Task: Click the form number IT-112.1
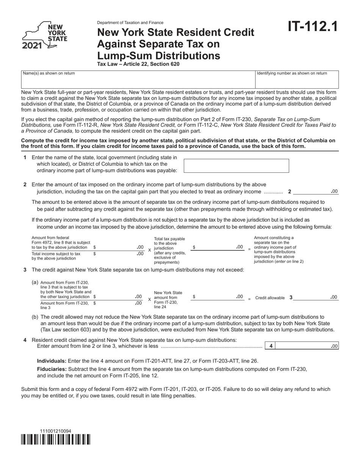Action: click(x=312, y=27)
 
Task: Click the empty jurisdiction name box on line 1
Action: click(x=236, y=166)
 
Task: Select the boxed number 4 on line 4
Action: click(x=271, y=346)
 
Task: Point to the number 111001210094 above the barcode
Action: click(x=55, y=431)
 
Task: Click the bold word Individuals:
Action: click(x=52, y=361)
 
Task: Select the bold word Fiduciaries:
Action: click(x=52, y=369)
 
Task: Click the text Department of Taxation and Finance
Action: click(x=130, y=23)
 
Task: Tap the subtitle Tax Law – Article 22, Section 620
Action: click(x=138, y=64)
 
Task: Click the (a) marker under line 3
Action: click(x=35, y=282)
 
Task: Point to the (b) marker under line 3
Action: click(x=35, y=317)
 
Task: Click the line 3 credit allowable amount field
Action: click(x=315, y=297)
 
